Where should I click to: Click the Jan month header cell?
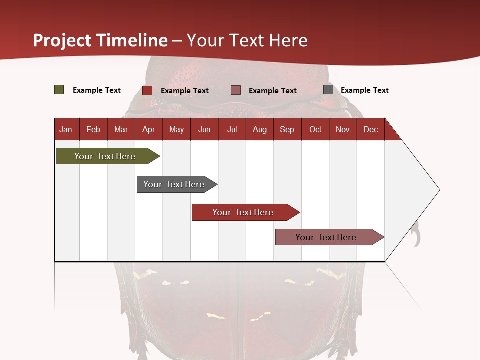66,129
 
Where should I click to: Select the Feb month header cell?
93,129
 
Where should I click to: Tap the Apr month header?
149,129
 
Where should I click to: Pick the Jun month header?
204,129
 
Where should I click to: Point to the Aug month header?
260,129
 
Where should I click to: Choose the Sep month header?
287,129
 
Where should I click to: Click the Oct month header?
315,129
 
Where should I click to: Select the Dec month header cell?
371,129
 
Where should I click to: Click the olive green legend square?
59,90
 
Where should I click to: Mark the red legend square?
147,90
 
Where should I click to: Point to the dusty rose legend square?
236,90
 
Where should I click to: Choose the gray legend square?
328,90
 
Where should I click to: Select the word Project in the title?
62,40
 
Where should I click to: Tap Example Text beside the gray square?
364,90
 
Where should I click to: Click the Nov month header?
343,129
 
